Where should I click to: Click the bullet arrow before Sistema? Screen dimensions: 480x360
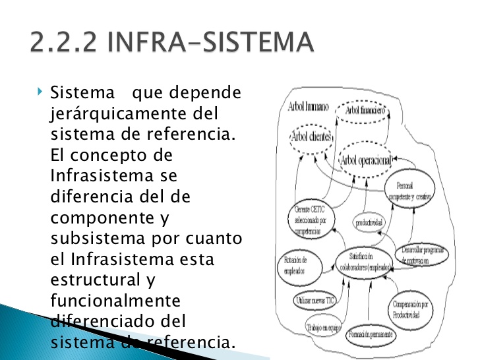click(x=40, y=88)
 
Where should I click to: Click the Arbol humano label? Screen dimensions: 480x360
click(x=308, y=107)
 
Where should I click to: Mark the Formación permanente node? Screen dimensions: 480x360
click(x=371, y=334)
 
